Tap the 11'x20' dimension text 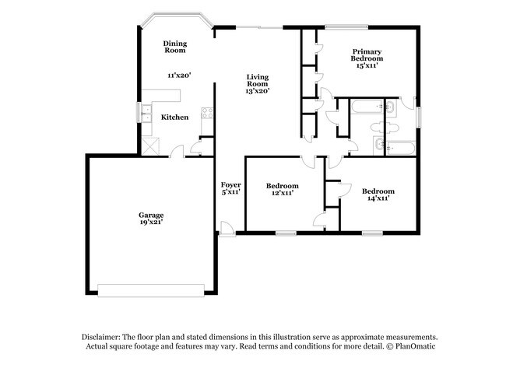pyautogui.click(x=179, y=75)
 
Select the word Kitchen pyautogui.click(x=174, y=117)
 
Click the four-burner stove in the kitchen pyautogui.click(x=208, y=113)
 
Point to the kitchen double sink pyautogui.click(x=146, y=112)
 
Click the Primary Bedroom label pyautogui.click(x=367, y=54)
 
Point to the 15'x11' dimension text pyautogui.click(x=367, y=66)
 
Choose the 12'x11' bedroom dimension pyautogui.click(x=281, y=194)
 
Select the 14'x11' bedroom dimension pyautogui.click(x=378, y=198)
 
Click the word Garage pyautogui.click(x=151, y=215)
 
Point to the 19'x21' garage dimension pyautogui.click(x=151, y=223)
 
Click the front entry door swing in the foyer pyautogui.click(x=226, y=228)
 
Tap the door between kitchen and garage pyautogui.click(x=178, y=151)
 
